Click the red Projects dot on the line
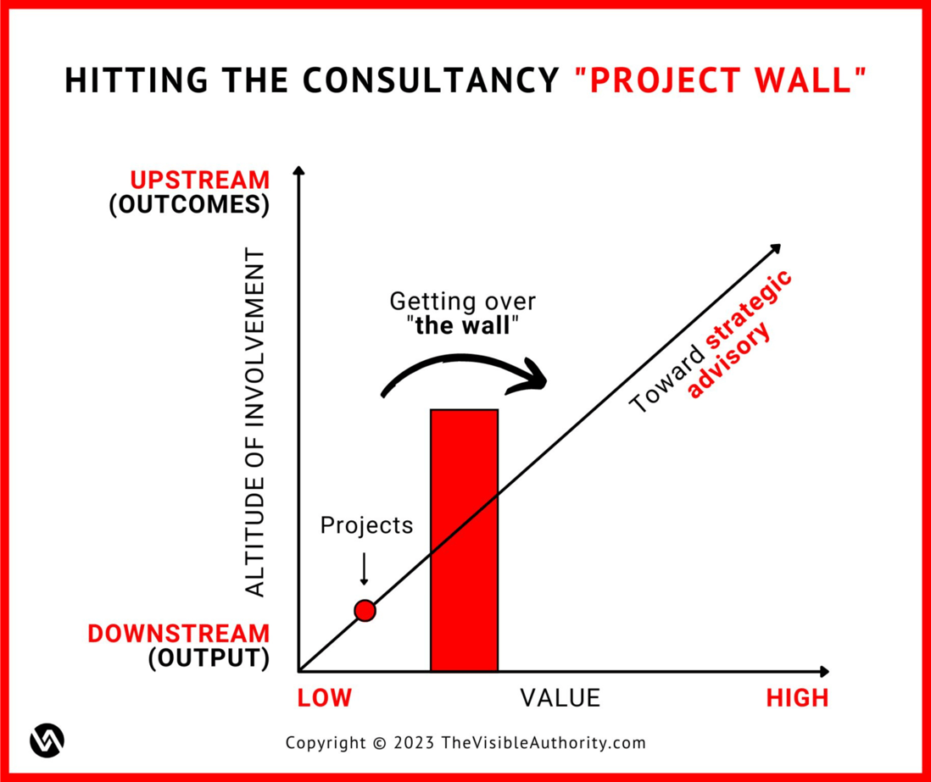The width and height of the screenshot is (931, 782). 365,610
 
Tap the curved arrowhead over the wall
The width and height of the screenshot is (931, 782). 532,380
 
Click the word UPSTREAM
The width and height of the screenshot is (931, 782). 200,180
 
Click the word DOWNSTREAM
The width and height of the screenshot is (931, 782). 179,634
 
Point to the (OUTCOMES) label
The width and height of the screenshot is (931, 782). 189,206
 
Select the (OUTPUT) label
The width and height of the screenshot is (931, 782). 209,659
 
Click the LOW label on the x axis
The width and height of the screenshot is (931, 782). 324,698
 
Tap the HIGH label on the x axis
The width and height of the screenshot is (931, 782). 797,698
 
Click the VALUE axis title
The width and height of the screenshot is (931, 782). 560,698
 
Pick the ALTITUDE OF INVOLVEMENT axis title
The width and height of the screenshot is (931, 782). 255,424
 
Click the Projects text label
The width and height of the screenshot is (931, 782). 366,525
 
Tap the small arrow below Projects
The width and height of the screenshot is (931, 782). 364,569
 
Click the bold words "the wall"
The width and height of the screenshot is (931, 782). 463,326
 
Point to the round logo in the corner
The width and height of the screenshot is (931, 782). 47,740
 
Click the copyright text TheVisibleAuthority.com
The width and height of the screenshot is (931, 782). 543,743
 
